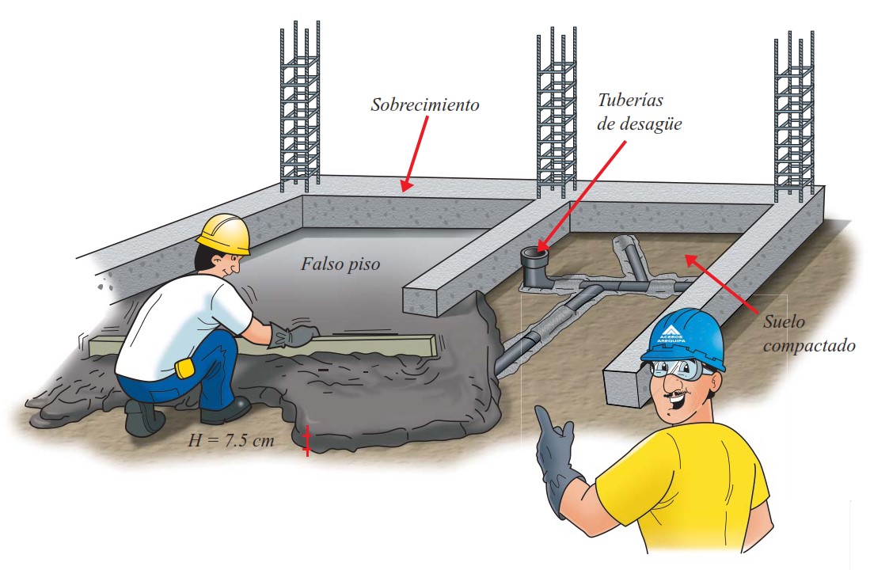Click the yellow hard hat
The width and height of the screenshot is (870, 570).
pyautogui.click(x=224, y=233)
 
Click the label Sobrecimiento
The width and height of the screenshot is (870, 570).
pyautogui.click(x=425, y=105)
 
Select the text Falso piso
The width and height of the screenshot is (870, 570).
pyautogui.click(x=340, y=264)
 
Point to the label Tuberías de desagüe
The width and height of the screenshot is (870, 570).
pyautogui.click(x=639, y=112)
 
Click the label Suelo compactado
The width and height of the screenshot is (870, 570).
pyautogui.click(x=809, y=333)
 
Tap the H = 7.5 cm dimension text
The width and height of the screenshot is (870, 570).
pyautogui.click(x=231, y=441)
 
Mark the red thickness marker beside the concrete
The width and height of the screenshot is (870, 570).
pyautogui.click(x=306, y=441)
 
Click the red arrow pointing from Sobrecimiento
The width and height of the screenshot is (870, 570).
pyautogui.click(x=415, y=154)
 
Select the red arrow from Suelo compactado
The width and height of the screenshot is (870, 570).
pyautogui.click(x=720, y=283)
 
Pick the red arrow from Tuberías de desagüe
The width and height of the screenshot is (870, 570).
pyautogui.click(x=581, y=196)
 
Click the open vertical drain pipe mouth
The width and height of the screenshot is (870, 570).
pyautogui.click(x=534, y=255)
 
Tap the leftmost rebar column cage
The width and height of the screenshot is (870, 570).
pyautogui.click(x=299, y=105)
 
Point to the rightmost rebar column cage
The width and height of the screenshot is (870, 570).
pyautogui.click(x=795, y=116)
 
